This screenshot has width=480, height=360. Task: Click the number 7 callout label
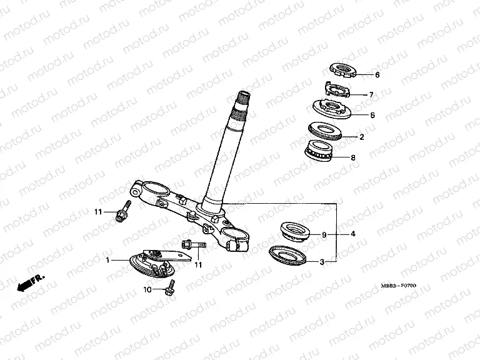(x=371, y=95)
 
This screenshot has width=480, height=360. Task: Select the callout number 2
(x=362, y=137)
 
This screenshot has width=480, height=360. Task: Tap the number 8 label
(x=353, y=157)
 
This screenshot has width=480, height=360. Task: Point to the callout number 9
(x=324, y=235)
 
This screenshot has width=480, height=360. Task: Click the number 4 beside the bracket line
(x=353, y=234)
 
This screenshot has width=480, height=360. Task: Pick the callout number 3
(x=322, y=262)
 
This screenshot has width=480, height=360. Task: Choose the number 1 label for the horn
(x=107, y=260)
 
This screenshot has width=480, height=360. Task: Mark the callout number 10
(x=147, y=289)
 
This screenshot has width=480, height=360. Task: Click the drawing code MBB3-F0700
(x=399, y=286)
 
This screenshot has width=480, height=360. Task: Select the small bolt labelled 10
(x=170, y=287)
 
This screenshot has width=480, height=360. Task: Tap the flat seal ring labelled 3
(x=287, y=255)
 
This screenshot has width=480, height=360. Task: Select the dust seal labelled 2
(x=324, y=131)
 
